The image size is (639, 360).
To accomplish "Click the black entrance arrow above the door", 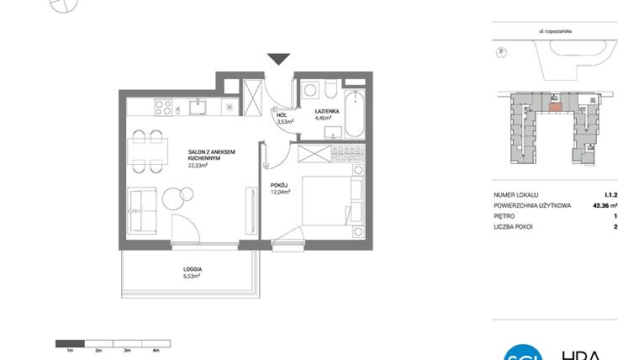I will point(277,58).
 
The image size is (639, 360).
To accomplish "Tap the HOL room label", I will point(282,116).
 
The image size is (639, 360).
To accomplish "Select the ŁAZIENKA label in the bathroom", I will point(326,112).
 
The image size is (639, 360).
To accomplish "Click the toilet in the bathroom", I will point(331,89).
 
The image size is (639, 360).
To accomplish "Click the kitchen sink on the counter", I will point(198,106).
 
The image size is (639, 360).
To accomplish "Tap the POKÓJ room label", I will point(279,186).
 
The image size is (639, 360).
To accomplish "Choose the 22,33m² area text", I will point(198,166).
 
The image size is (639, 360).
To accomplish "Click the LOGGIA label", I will point(193,269).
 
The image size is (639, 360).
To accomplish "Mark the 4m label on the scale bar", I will point(156,349).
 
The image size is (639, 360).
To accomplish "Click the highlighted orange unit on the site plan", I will point(554,106).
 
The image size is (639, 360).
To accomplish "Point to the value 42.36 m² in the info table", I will point(603,204).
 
